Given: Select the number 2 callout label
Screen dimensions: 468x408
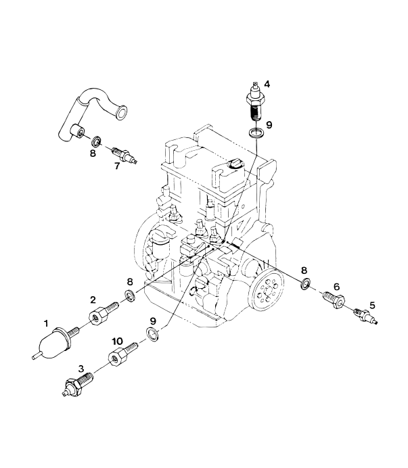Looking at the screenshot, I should pos(95,300).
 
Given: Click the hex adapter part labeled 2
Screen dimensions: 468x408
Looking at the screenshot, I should pos(98,314).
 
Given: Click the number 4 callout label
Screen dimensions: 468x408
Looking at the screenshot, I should pos(267,84).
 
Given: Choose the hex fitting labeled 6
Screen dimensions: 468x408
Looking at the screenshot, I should pos(333,298).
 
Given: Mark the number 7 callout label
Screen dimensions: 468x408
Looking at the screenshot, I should pos(116,166).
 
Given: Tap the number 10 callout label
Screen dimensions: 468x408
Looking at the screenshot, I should pos(117,342).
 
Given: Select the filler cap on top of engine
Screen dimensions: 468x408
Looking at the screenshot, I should pos(235,164).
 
